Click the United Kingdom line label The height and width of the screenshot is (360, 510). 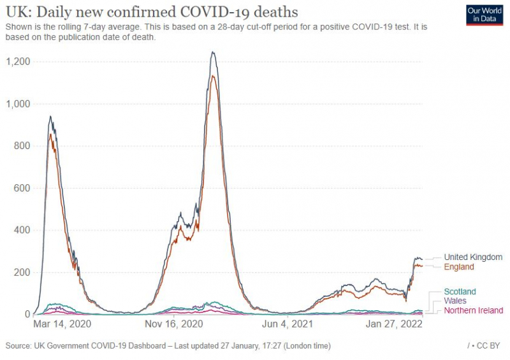coord(473,257)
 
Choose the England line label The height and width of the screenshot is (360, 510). coord(459,268)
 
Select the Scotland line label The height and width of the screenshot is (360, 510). coord(460,292)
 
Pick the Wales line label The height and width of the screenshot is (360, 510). coord(455,301)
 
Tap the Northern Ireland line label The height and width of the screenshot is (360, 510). coord(474,310)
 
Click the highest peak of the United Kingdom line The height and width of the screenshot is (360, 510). coord(212,53)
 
